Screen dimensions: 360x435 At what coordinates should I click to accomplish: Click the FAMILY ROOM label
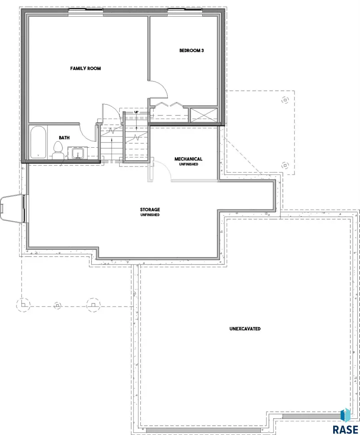click(x=86, y=68)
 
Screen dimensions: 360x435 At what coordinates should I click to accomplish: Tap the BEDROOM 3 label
click(x=192, y=50)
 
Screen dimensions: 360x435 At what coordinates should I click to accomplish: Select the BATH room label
click(x=64, y=138)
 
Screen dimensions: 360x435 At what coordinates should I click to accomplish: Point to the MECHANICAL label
click(x=188, y=159)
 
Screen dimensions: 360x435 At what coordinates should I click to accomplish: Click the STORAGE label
click(x=150, y=209)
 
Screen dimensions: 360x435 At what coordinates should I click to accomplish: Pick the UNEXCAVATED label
click(x=245, y=329)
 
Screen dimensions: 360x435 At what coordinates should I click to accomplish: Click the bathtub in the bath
click(x=38, y=142)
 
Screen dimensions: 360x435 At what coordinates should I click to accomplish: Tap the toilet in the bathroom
click(x=58, y=150)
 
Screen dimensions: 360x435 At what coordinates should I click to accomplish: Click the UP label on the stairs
click(x=136, y=112)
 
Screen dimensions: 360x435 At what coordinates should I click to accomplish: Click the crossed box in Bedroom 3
click(x=204, y=115)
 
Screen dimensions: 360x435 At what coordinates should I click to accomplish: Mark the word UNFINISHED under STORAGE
click(x=150, y=215)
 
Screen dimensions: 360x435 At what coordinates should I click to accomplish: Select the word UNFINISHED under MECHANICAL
click(x=188, y=164)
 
